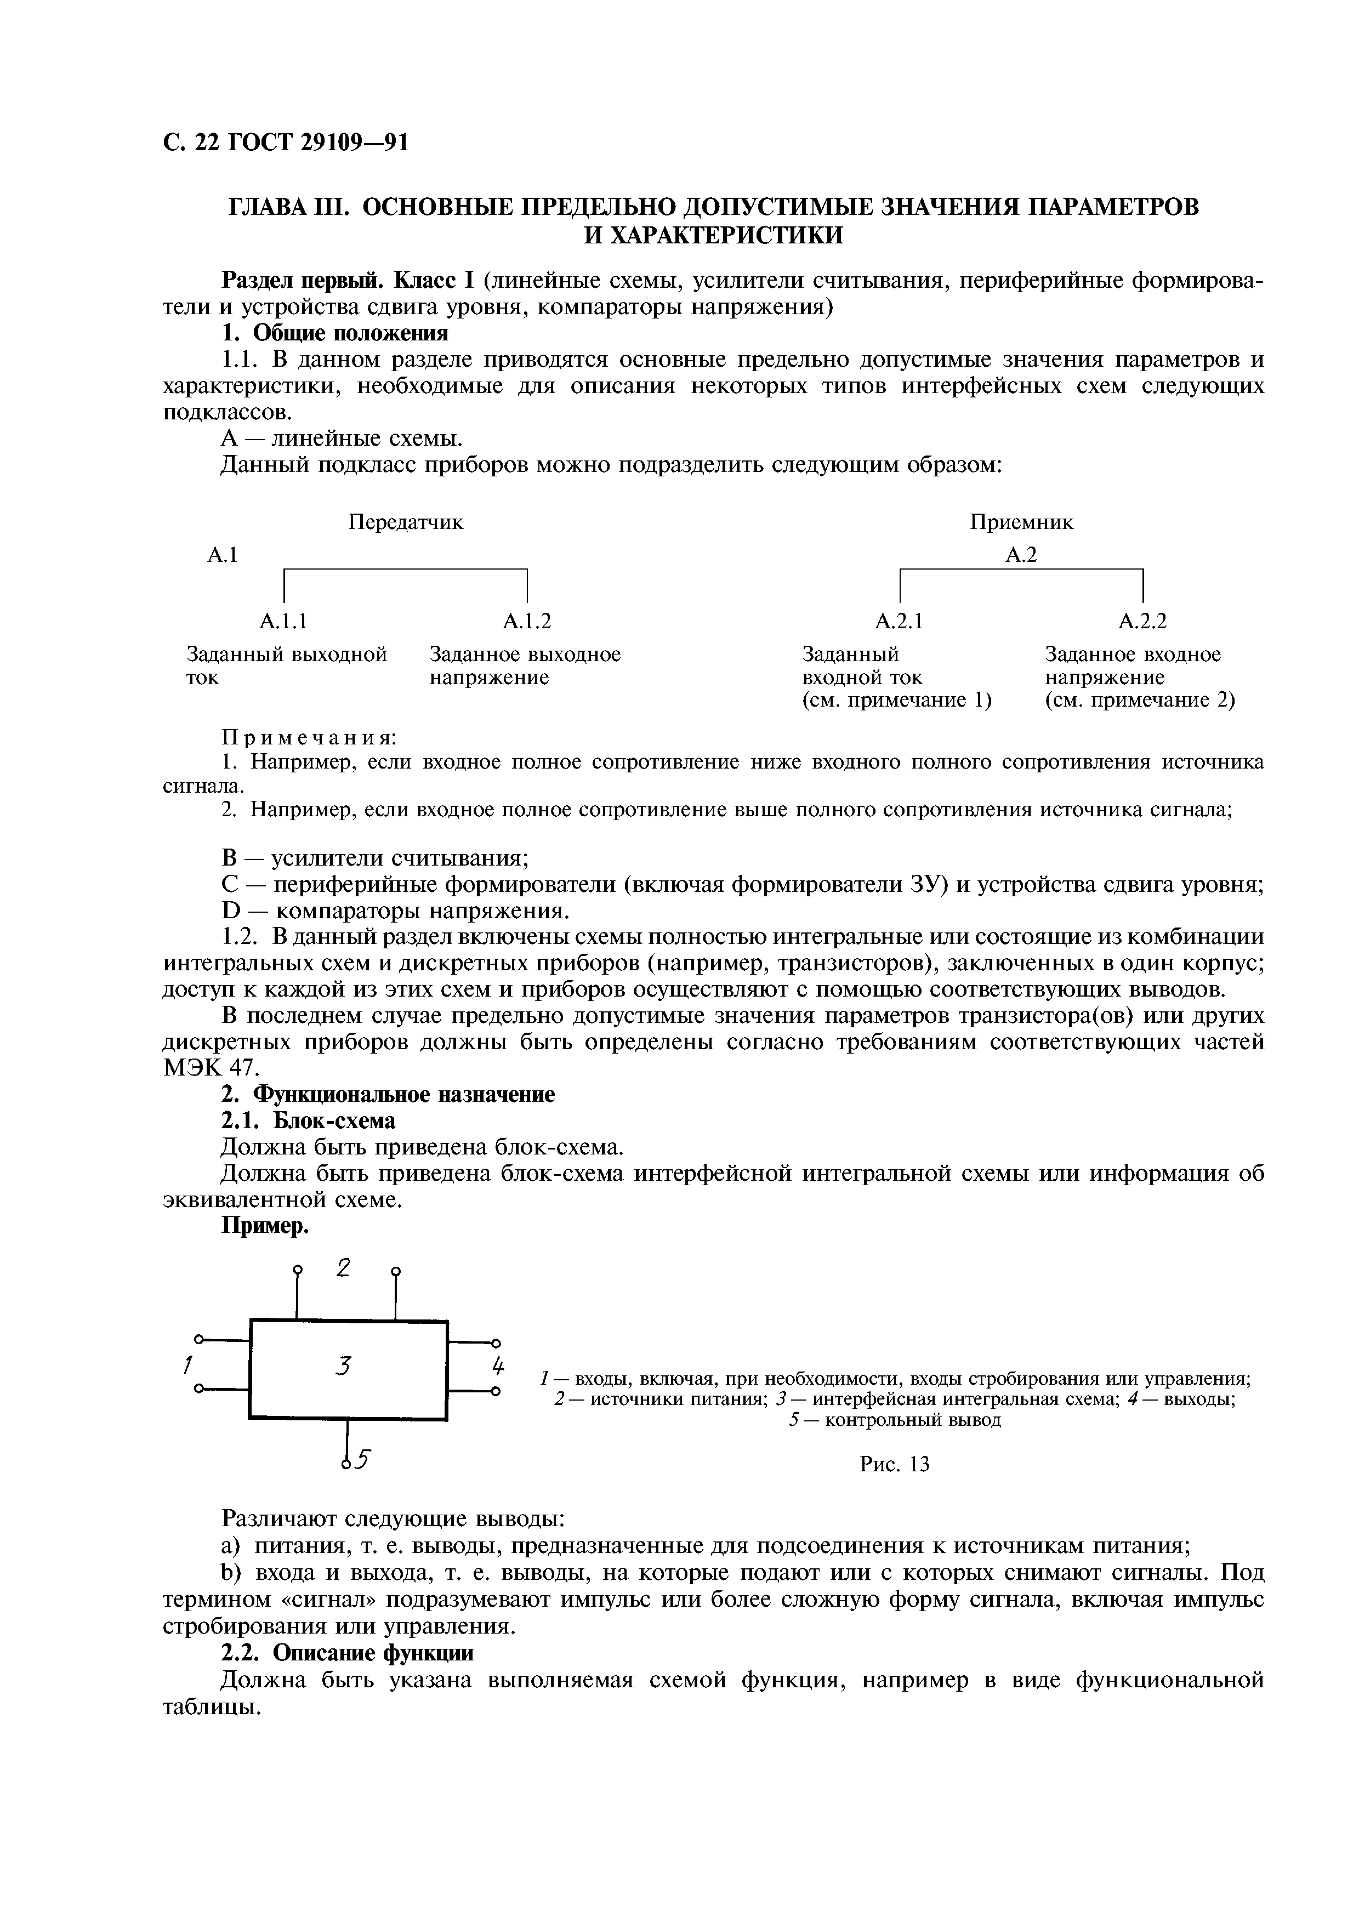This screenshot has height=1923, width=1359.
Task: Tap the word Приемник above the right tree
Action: coord(1021,522)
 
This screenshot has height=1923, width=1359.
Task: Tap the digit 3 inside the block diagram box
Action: coord(342,1367)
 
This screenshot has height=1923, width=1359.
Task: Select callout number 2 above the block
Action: coord(343,1268)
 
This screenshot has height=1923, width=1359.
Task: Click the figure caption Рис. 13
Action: coord(894,1464)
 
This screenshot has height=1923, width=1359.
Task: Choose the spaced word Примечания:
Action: coord(308,738)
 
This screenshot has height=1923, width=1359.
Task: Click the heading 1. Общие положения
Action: coord(334,333)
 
